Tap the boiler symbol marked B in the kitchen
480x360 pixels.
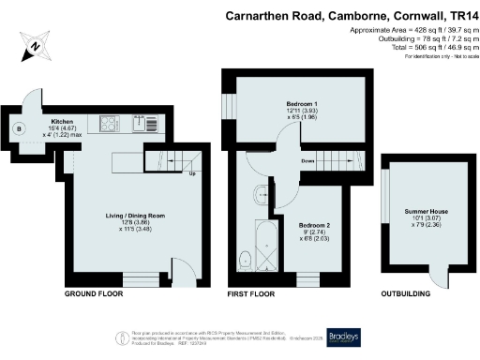pos(17,128)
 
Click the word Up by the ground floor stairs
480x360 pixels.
pos(192,173)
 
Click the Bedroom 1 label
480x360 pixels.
pos(301,104)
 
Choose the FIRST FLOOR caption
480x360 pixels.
pos(253,294)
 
